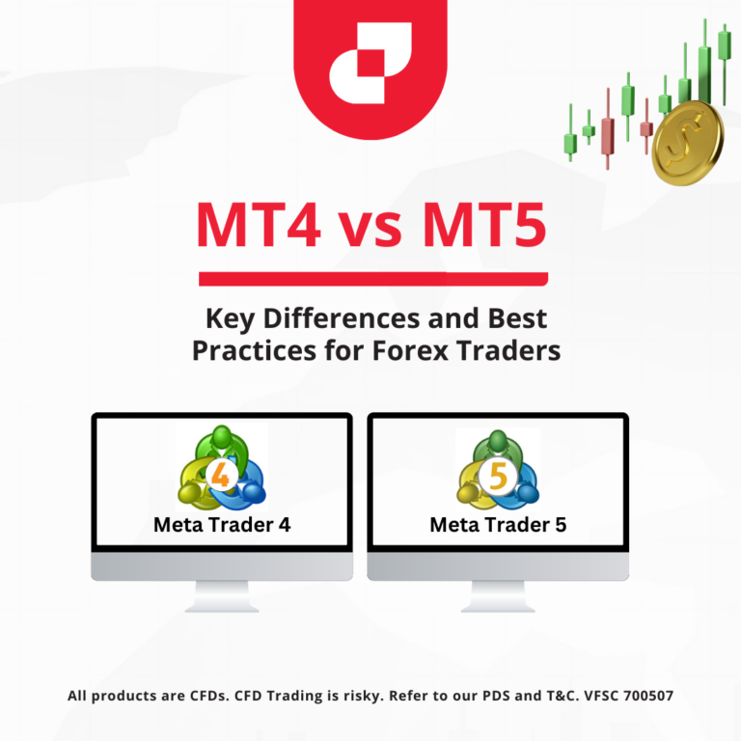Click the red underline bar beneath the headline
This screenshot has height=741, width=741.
pos(372,280)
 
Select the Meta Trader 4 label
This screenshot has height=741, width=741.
pos(222,525)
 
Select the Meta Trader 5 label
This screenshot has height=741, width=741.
pos(498,525)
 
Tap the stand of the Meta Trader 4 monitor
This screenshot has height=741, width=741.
pos(222,595)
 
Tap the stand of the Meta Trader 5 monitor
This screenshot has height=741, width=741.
pos(498,595)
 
